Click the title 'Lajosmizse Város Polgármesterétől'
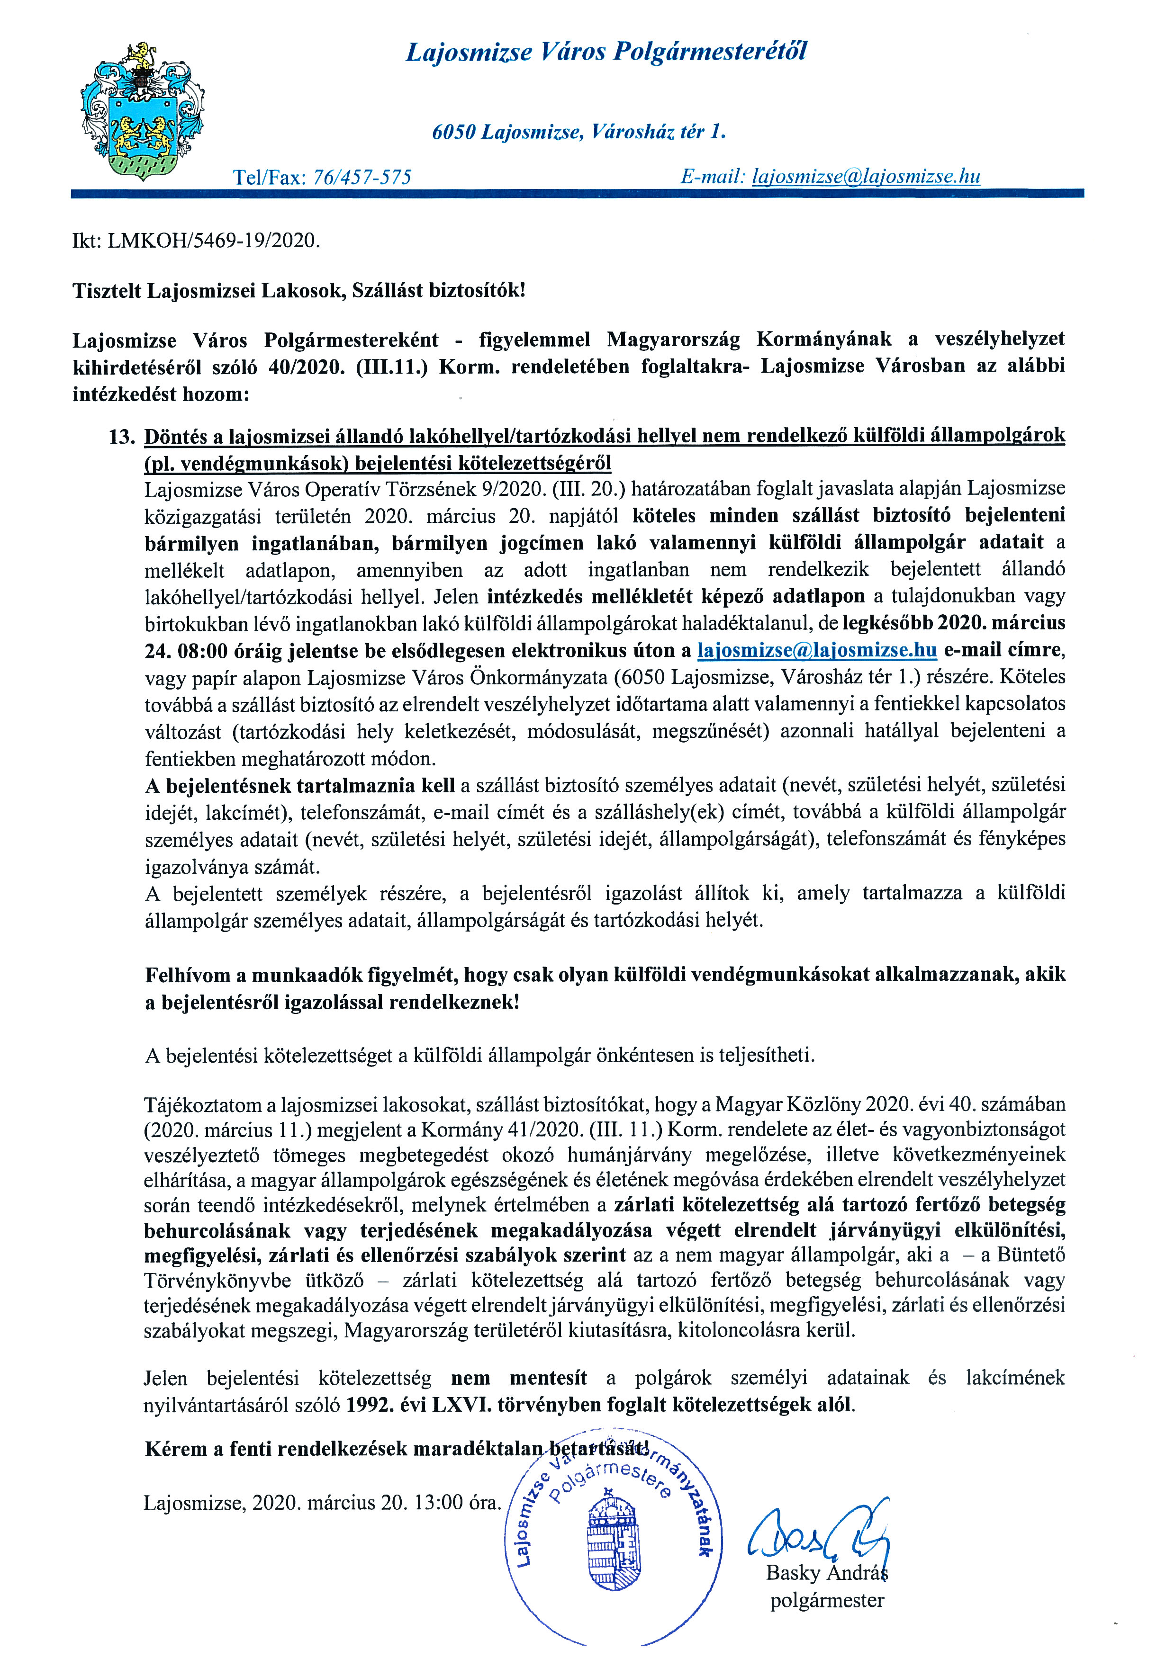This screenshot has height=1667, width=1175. tap(606, 52)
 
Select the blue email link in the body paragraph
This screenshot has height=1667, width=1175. tap(817, 650)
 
